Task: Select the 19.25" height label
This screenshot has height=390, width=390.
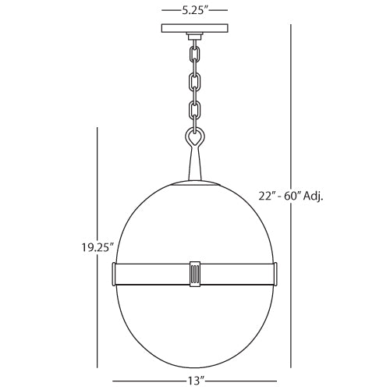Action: pyautogui.click(x=97, y=250)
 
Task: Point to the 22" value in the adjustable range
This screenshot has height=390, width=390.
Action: pyautogui.click(x=268, y=196)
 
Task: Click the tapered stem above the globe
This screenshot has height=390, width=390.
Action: pyautogui.click(x=194, y=165)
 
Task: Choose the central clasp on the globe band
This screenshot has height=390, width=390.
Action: pyautogui.click(x=194, y=274)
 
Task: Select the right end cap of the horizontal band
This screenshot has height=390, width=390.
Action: pyautogui.click(x=274, y=274)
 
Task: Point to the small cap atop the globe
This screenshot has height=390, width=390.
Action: pyautogui.click(x=194, y=183)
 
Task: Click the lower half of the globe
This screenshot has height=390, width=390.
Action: pyautogui.click(x=194, y=328)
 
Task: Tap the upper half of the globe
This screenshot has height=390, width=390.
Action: pyautogui.click(x=194, y=222)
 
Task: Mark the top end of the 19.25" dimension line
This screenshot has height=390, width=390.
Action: pyautogui.click(x=97, y=129)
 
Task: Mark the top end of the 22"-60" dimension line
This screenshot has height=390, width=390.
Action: pyautogui.click(x=292, y=24)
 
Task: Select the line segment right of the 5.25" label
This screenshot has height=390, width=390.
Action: pyautogui.click(x=218, y=12)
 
